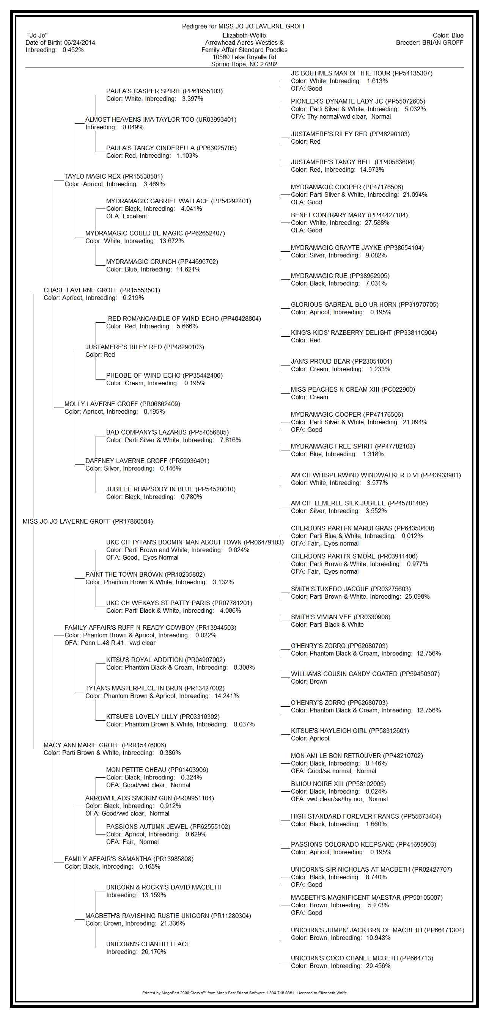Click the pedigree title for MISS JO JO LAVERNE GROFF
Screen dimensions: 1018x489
point(244,27)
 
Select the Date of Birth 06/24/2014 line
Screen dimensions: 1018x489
point(60,43)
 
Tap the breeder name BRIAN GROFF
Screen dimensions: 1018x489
point(442,43)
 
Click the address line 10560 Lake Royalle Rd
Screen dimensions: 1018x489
point(244,57)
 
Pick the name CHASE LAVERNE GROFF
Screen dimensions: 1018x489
point(102,290)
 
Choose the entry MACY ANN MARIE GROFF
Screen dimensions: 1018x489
point(105,745)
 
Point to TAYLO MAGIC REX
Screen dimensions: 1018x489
point(113,176)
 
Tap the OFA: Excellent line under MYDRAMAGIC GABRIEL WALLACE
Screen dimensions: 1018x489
point(126,216)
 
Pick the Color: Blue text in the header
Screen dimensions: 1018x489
point(448,36)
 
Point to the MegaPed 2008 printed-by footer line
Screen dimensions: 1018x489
point(244,992)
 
